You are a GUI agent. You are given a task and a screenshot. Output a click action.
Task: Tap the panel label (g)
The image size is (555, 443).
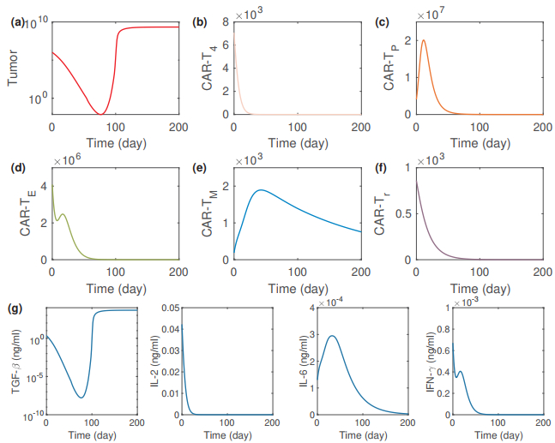point(17,306)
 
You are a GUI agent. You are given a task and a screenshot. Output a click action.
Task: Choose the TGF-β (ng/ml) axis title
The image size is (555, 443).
point(12,365)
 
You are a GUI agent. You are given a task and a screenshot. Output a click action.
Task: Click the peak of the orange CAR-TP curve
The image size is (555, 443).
point(424,40)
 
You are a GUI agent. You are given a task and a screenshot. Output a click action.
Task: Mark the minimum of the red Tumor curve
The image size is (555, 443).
point(100,114)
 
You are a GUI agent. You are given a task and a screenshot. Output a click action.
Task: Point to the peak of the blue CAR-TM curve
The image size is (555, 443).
point(261,189)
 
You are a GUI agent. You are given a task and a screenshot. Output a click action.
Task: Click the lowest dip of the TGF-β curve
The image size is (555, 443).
point(81,398)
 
